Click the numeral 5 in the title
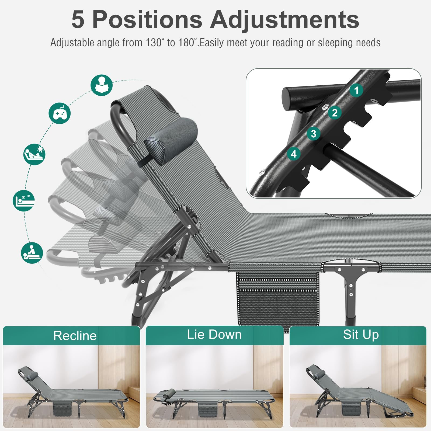point(78,19)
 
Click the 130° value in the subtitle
point(155,43)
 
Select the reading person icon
point(102,85)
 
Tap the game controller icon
point(60,113)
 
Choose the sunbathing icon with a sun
point(34,154)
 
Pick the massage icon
point(32,253)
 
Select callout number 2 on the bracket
point(335,113)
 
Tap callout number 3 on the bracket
point(314,134)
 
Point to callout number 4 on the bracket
point(294,154)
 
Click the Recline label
point(75,336)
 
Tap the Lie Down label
point(214,335)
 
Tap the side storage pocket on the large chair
point(278,298)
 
